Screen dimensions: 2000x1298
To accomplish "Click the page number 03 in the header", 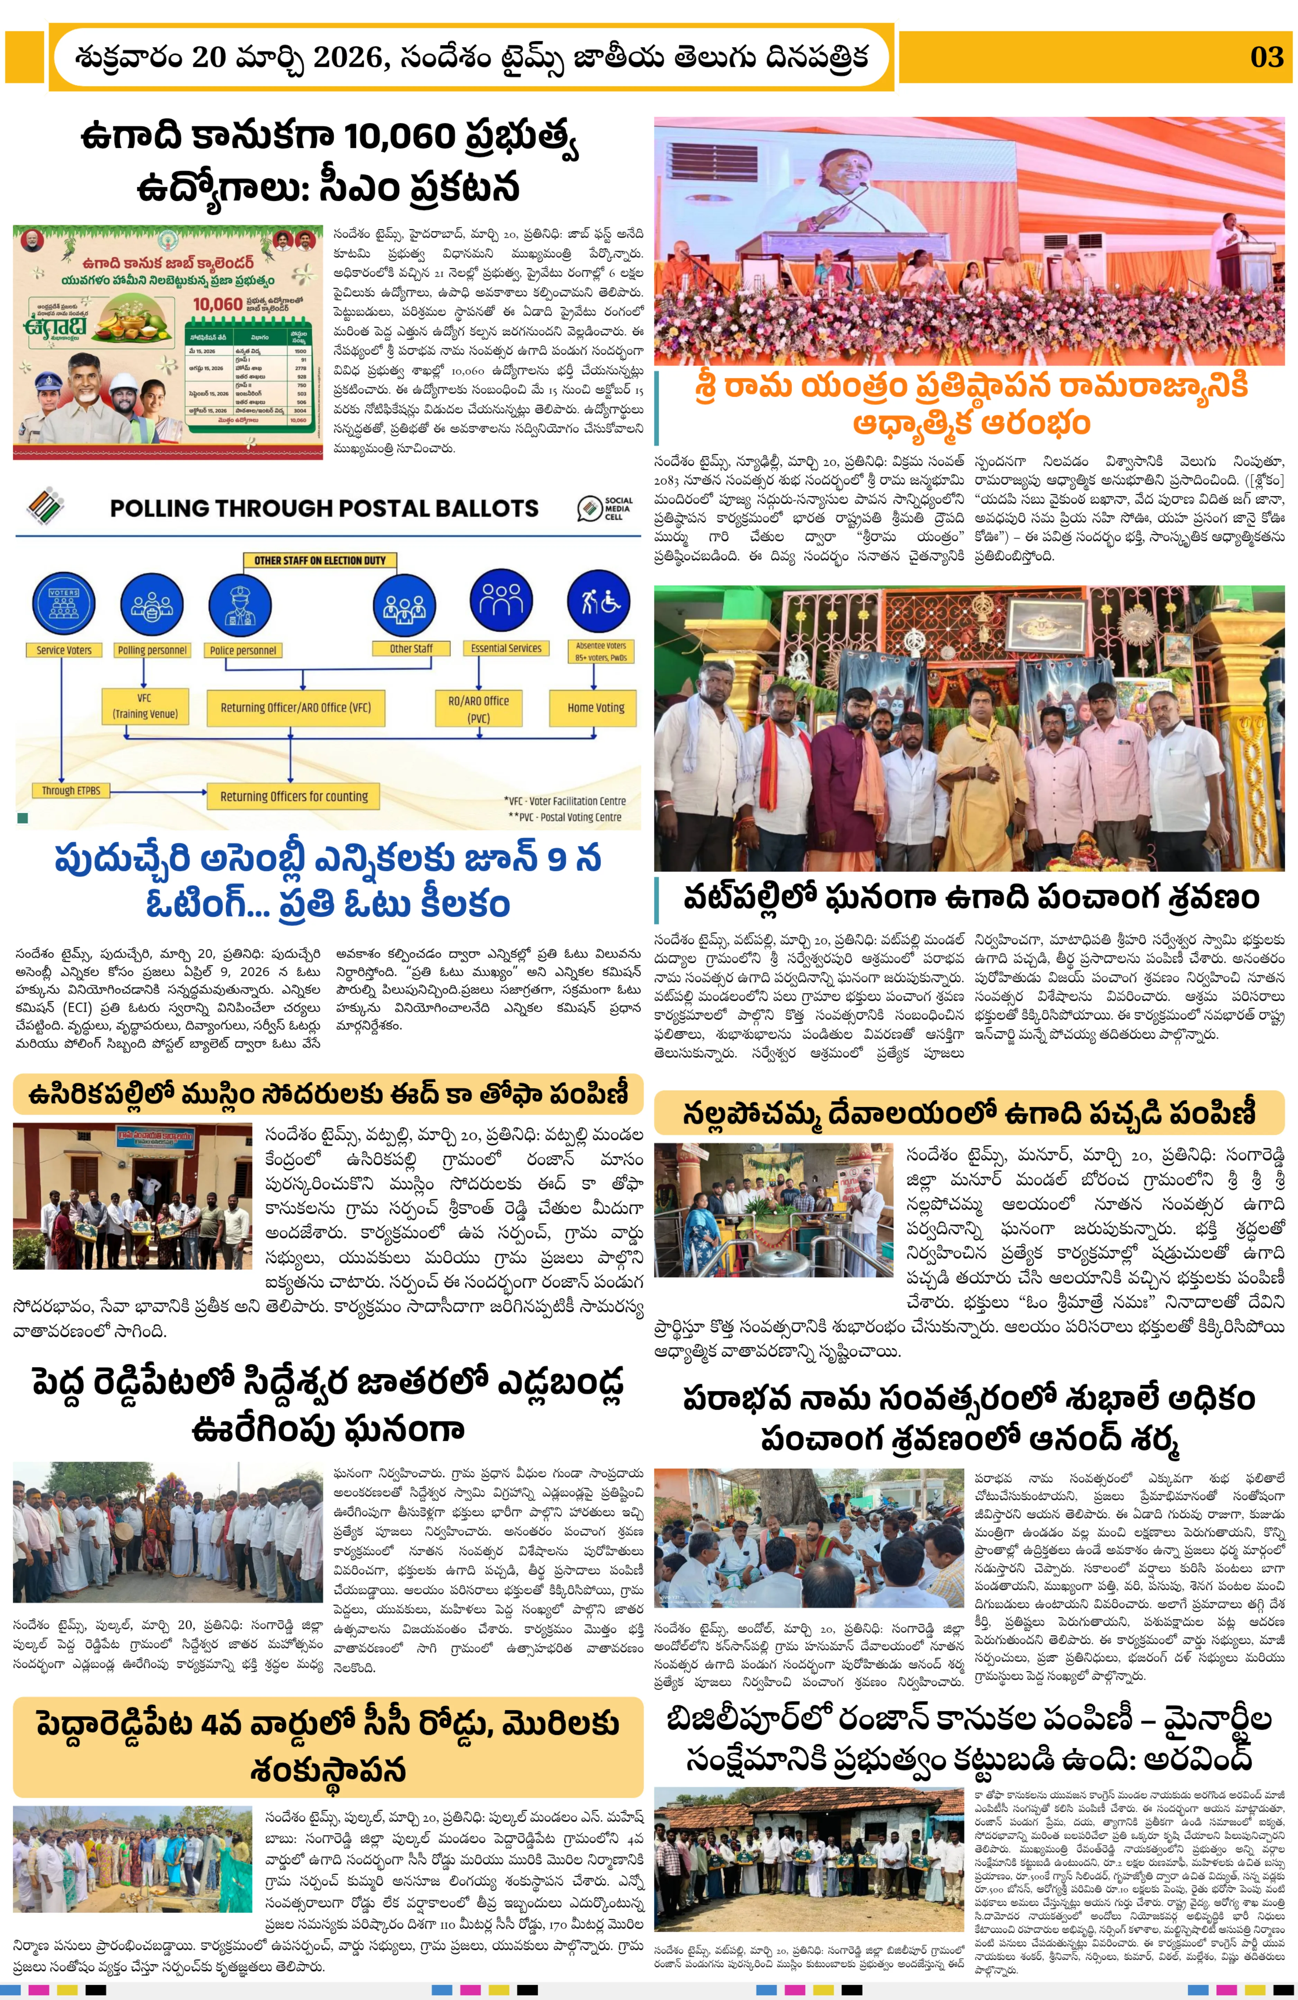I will pyautogui.click(x=1266, y=57).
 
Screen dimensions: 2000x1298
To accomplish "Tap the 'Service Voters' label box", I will pyautogui.click(x=64, y=650).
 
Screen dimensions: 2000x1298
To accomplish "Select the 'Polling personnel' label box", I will pyautogui.click(x=152, y=650).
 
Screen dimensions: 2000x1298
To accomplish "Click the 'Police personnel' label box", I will pyautogui.click(x=243, y=650).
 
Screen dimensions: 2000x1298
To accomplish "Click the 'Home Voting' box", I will pyautogui.click(x=596, y=708).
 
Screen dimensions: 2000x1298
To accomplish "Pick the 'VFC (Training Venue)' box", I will pyautogui.click(x=144, y=706).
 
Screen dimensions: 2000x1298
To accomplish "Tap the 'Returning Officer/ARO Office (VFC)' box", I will pyautogui.click(x=295, y=708).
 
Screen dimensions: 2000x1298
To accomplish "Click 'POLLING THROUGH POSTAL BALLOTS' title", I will pyautogui.click(x=324, y=508).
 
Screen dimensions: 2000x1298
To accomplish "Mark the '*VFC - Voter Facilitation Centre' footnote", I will pyautogui.click(x=565, y=801).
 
